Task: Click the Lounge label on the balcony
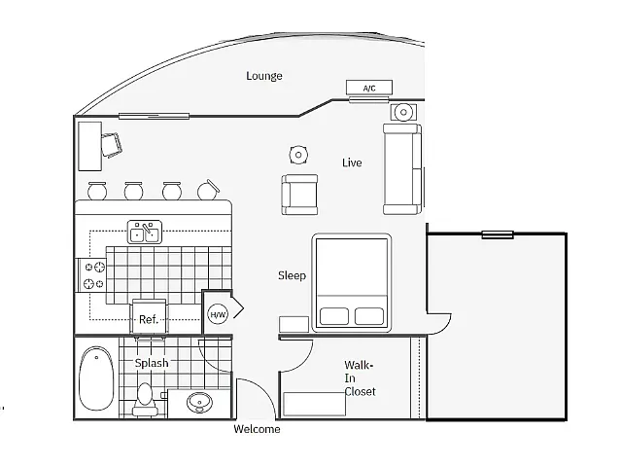(264, 76)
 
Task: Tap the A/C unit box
(369, 88)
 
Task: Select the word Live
(352, 162)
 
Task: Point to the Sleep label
(292, 275)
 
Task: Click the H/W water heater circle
(218, 315)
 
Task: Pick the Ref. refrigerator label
(149, 320)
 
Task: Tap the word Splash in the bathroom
(152, 363)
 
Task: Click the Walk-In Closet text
(360, 378)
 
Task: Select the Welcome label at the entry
(257, 429)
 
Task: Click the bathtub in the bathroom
(96, 378)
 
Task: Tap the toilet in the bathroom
(145, 399)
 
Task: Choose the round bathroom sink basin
(199, 403)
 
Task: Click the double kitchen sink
(145, 232)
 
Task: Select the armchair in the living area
(300, 195)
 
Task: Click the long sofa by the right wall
(402, 169)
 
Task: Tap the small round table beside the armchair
(298, 155)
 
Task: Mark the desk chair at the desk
(111, 145)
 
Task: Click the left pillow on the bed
(334, 316)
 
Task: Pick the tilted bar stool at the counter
(208, 190)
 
